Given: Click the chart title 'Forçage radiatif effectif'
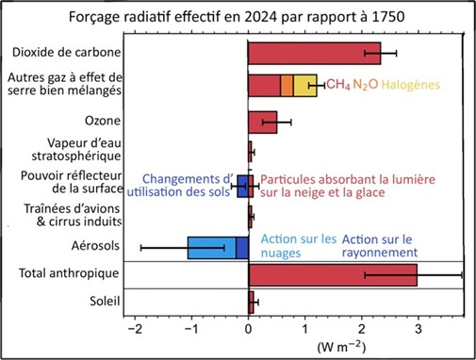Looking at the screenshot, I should (238, 16).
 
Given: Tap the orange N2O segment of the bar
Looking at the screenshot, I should (287, 86).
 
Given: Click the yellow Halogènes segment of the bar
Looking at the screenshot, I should (305, 86).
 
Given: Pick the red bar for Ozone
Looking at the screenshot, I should (263, 121).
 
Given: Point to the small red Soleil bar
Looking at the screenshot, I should (252, 302).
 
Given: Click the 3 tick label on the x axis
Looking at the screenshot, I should (417, 331).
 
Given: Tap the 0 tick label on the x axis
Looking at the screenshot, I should (248, 331).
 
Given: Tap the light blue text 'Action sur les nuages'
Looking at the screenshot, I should (298, 247).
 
